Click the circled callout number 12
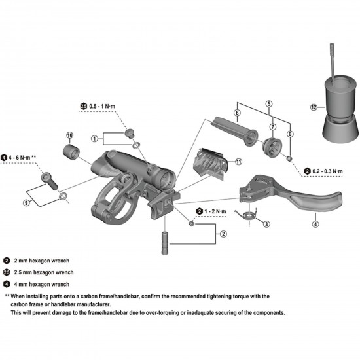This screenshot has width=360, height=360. [314, 107]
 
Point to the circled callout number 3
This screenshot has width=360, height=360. [266, 224]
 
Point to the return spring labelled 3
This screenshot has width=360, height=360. [247, 214]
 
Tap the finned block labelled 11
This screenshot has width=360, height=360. [211, 158]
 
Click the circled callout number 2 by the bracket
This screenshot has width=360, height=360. [223, 234]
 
